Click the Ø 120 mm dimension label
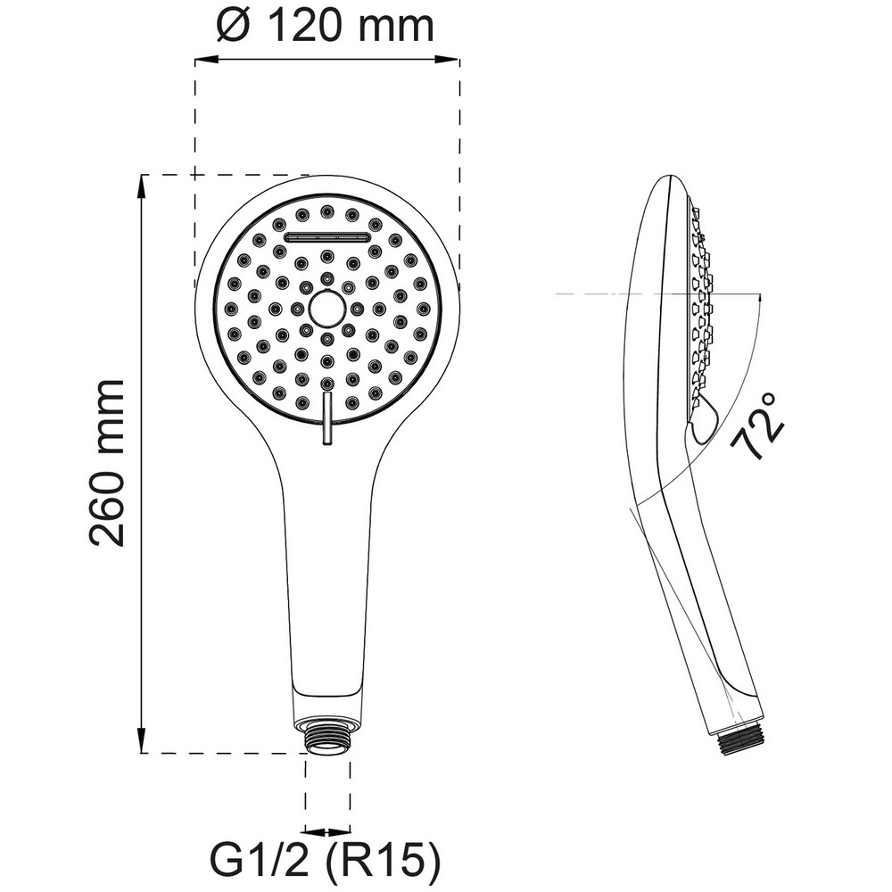[x=326, y=26]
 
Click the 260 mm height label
[x=107, y=462]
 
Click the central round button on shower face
[x=326, y=309]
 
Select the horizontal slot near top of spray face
[x=327, y=237]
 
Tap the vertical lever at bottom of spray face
[x=327, y=417]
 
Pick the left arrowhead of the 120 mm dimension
[x=206, y=59]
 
